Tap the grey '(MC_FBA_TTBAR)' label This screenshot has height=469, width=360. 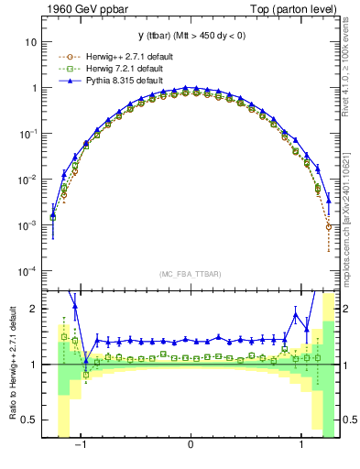point(190,275)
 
